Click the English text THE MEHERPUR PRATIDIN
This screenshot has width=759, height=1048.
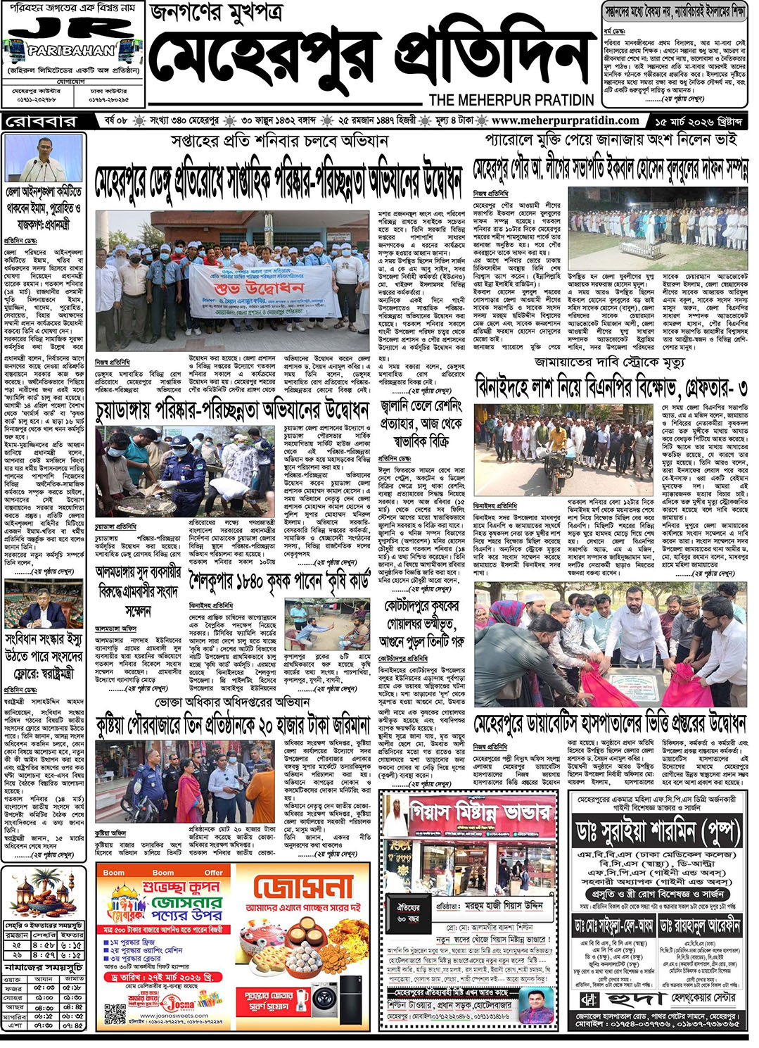pos(511,99)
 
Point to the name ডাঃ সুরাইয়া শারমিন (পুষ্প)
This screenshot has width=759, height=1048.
pos(656,833)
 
